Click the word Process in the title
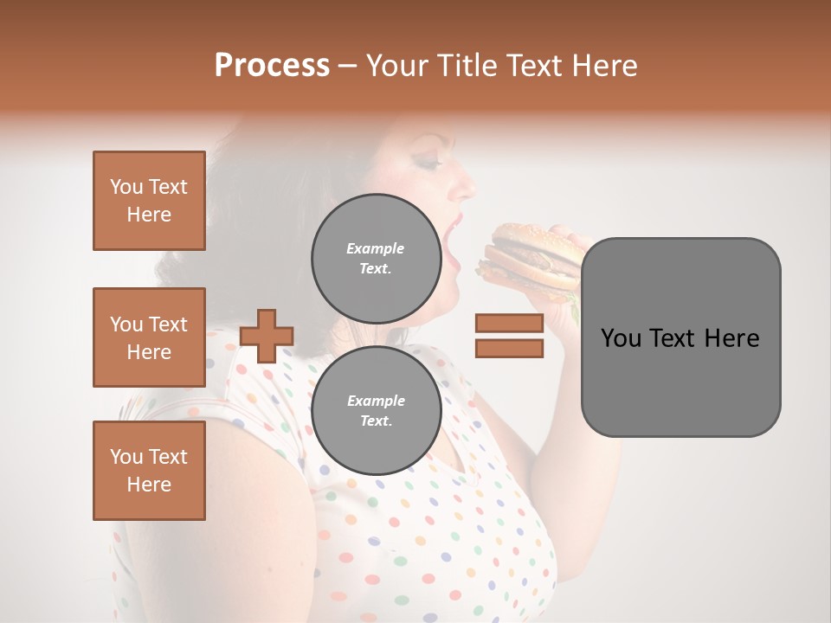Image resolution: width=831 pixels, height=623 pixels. [x=272, y=66]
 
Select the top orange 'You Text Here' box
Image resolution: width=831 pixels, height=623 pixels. [x=149, y=201]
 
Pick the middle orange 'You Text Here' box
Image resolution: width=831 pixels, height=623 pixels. [x=149, y=337]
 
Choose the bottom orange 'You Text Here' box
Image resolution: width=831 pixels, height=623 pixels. [x=149, y=471]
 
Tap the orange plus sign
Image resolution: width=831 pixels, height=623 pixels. [x=267, y=336]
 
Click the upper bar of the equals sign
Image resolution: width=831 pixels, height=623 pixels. [x=509, y=324]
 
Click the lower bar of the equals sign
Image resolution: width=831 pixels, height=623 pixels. [x=509, y=348]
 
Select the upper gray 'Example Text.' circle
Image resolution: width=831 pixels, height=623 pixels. [x=376, y=258]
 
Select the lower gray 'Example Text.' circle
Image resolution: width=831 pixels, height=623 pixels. [x=376, y=410]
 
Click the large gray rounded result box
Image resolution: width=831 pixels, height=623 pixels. [x=680, y=337]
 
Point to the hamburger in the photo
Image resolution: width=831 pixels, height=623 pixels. [x=530, y=255]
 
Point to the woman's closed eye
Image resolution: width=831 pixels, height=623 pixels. [x=429, y=161]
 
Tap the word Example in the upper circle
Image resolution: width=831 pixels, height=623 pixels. [x=376, y=248]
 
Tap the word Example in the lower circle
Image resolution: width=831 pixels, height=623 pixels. [x=376, y=401]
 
